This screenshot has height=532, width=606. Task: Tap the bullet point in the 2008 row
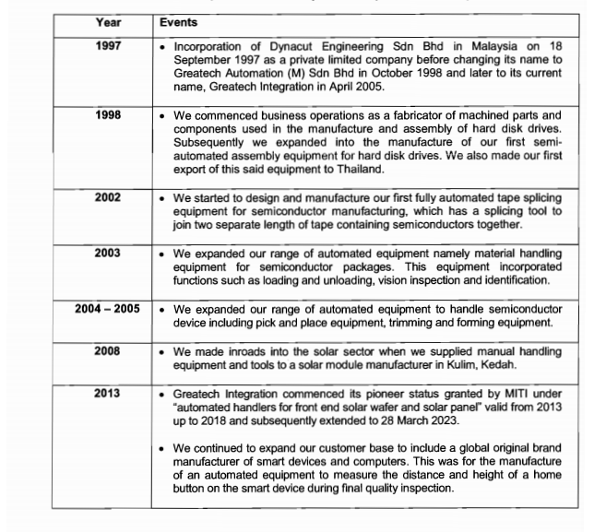point(162,351)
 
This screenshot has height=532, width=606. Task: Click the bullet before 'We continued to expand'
point(162,449)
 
